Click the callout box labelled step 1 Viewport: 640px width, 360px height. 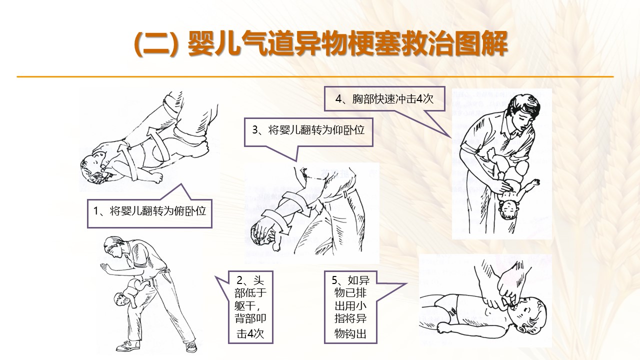(x=149, y=213)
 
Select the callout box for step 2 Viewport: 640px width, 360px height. (x=250, y=307)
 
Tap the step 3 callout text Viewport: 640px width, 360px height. (x=308, y=130)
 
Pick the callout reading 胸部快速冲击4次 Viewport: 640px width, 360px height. (x=384, y=99)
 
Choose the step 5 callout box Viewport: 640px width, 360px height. (x=350, y=307)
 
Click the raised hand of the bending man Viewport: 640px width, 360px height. (x=106, y=267)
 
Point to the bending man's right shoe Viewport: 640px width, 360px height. (x=191, y=346)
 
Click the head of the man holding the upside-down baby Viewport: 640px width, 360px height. (x=525, y=111)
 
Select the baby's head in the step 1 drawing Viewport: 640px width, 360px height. (x=92, y=166)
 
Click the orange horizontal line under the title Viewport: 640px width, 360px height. (x=315, y=76)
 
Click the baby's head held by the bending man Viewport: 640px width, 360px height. (x=120, y=298)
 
